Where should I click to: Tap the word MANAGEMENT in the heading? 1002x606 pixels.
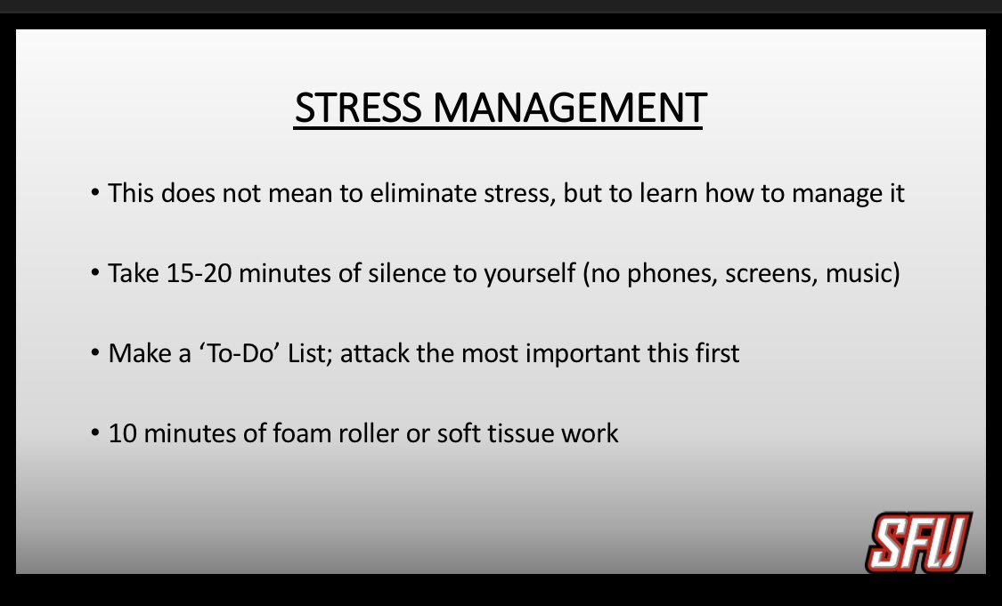click(570, 109)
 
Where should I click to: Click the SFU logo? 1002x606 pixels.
click(917, 543)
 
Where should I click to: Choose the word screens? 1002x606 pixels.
click(767, 273)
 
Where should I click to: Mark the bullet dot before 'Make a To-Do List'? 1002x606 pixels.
click(94, 354)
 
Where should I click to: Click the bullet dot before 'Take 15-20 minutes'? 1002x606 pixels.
click(94, 274)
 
